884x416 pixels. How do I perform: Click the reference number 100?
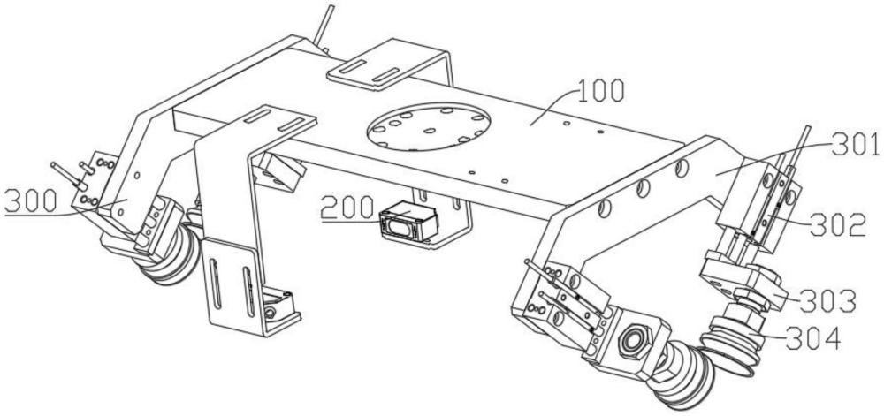point(599,92)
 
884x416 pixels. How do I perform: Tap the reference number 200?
point(347,208)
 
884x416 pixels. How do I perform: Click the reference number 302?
point(837,224)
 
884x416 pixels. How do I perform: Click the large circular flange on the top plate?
point(429,126)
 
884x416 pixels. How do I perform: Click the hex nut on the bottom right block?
point(629,340)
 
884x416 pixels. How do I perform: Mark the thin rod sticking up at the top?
point(324,26)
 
